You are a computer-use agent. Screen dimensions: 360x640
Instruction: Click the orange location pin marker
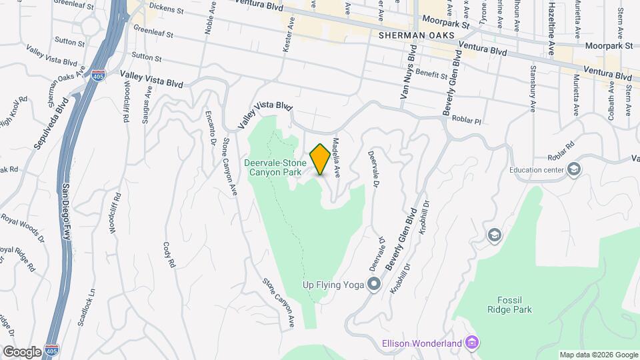pos(320,159)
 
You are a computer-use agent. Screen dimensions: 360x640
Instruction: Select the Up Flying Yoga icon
pos(373,285)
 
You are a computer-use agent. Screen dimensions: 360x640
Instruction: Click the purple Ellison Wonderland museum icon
pos(472,343)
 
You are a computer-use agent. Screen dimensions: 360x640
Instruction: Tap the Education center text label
pos(537,169)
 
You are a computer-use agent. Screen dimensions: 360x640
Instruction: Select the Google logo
pos(22,351)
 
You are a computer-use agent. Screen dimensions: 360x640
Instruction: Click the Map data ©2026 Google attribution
pos(598,355)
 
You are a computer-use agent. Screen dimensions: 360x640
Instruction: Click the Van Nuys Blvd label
pos(408,73)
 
